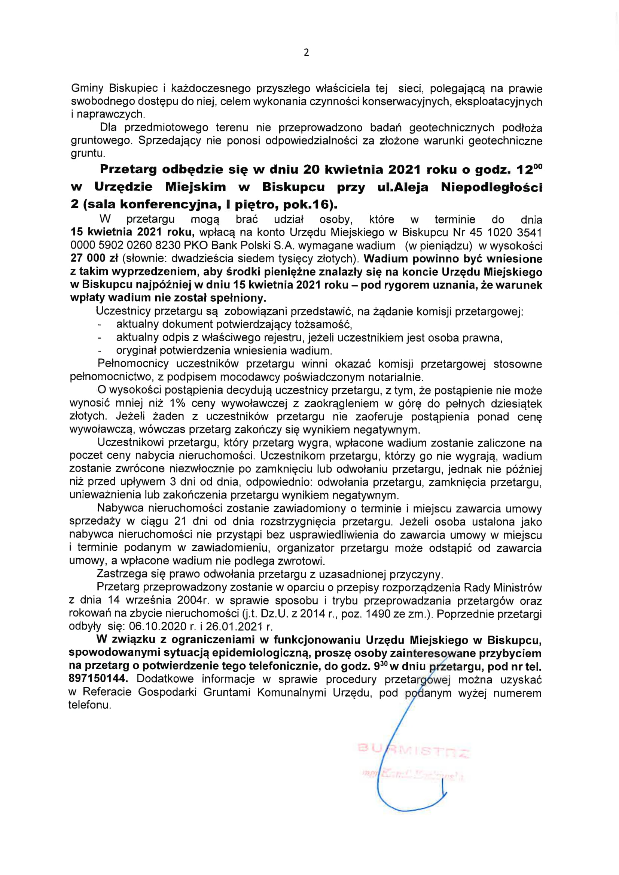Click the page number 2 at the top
coord(306,53)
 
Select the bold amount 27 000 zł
coord(94,258)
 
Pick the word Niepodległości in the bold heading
coord(491,187)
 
